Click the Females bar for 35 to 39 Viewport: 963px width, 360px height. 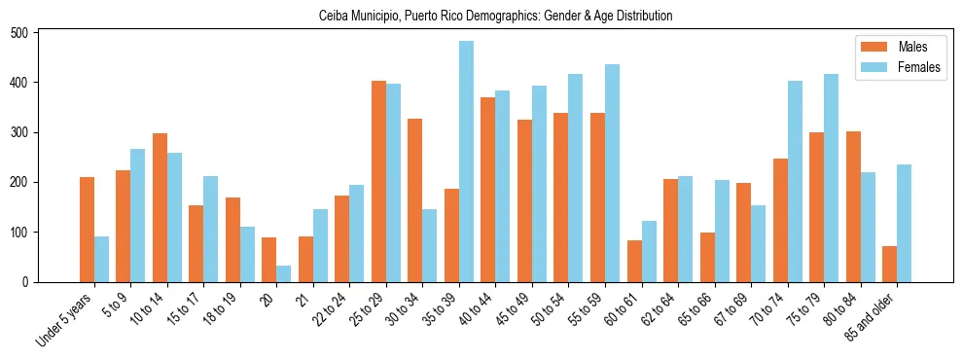466,162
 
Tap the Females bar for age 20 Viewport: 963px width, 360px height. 284,273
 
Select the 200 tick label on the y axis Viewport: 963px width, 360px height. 26,182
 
